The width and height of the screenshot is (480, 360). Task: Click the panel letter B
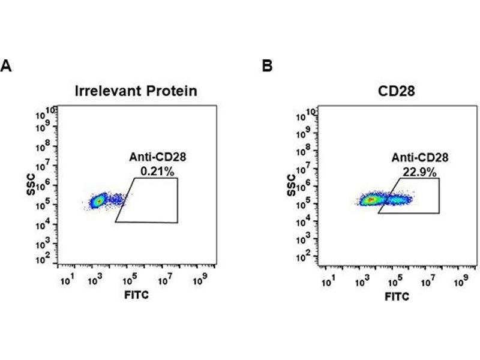pos(268,66)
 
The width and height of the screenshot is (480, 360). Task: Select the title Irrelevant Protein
pos(136,91)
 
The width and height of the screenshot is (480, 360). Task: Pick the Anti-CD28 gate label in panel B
pos(420,158)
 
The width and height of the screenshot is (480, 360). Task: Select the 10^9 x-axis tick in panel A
pos(198,280)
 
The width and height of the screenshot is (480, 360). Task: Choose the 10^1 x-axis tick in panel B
pos(328,281)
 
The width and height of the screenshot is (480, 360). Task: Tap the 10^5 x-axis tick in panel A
pos(130,280)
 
